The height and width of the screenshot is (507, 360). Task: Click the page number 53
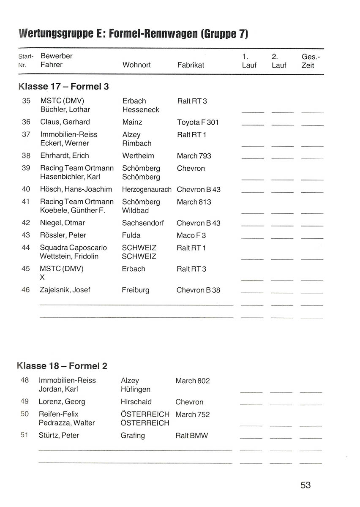click(x=305, y=485)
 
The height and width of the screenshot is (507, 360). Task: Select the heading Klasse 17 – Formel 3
click(x=64, y=87)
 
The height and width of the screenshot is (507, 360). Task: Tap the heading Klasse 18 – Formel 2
click(x=63, y=366)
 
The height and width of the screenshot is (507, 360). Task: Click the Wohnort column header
click(x=136, y=65)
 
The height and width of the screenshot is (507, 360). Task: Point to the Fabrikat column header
click(x=191, y=65)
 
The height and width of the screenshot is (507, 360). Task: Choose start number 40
click(x=26, y=189)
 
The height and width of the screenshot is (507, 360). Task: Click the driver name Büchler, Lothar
click(x=65, y=109)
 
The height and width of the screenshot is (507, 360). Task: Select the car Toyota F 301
click(x=198, y=122)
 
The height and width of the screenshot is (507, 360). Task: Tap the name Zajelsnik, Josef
click(x=65, y=290)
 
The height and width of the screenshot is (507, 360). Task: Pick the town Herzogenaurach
click(x=147, y=190)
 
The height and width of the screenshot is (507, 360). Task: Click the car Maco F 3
click(x=191, y=235)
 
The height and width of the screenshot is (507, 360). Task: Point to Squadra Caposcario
click(x=74, y=248)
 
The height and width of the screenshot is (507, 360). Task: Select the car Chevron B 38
click(x=199, y=290)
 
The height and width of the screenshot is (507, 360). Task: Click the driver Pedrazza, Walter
click(x=67, y=423)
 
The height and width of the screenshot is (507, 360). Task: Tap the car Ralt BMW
click(x=191, y=436)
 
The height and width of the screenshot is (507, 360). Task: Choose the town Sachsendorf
click(x=143, y=223)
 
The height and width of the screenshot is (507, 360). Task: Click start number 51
click(x=25, y=435)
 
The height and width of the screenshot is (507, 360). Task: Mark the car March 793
click(x=194, y=156)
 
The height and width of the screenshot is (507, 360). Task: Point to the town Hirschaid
click(x=136, y=402)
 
